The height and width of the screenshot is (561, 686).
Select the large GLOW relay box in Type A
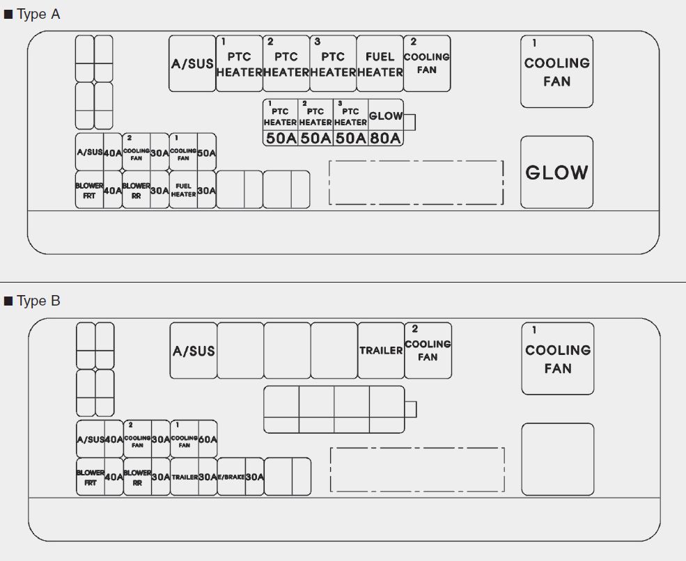pyautogui.click(x=556, y=172)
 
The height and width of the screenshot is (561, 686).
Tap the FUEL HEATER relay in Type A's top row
pyautogui.click(x=380, y=64)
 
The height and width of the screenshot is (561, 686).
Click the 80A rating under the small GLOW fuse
pyautogui.click(x=386, y=138)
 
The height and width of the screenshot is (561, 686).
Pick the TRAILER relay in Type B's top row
pyautogui.click(x=381, y=350)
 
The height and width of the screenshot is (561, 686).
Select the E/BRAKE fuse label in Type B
pyautogui.click(x=231, y=477)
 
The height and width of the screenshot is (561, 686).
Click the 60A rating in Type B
pyautogui.click(x=207, y=439)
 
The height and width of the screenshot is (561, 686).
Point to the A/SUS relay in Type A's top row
pyautogui.click(x=192, y=64)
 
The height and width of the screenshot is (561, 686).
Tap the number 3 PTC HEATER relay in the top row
pyautogui.click(x=333, y=64)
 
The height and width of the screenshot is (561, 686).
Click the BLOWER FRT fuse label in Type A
pyautogui.click(x=89, y=190)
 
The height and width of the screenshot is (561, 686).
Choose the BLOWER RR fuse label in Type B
pyautogui.click(x=137, y=477)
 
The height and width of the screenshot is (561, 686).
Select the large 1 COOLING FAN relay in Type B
pyautogui.click(x=558, y=358)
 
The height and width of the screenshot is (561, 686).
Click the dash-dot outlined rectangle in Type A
pyautogui.click(x=416, y=182)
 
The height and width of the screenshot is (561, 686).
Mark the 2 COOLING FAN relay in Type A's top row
pyautogui.click(x=427, y=63)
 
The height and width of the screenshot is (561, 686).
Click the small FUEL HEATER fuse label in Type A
pyautogui.click(x=183, y=190)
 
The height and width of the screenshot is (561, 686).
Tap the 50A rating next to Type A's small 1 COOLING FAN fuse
pyautogui.click(x=206, y=152)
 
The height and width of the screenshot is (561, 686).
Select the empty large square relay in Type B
pyautogui.click(x=558, y=459)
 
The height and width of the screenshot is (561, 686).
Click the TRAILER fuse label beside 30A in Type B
pyautogui.click(x=185, y=477)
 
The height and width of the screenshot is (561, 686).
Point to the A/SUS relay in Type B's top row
pyautogui.click(x=194, y=351)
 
